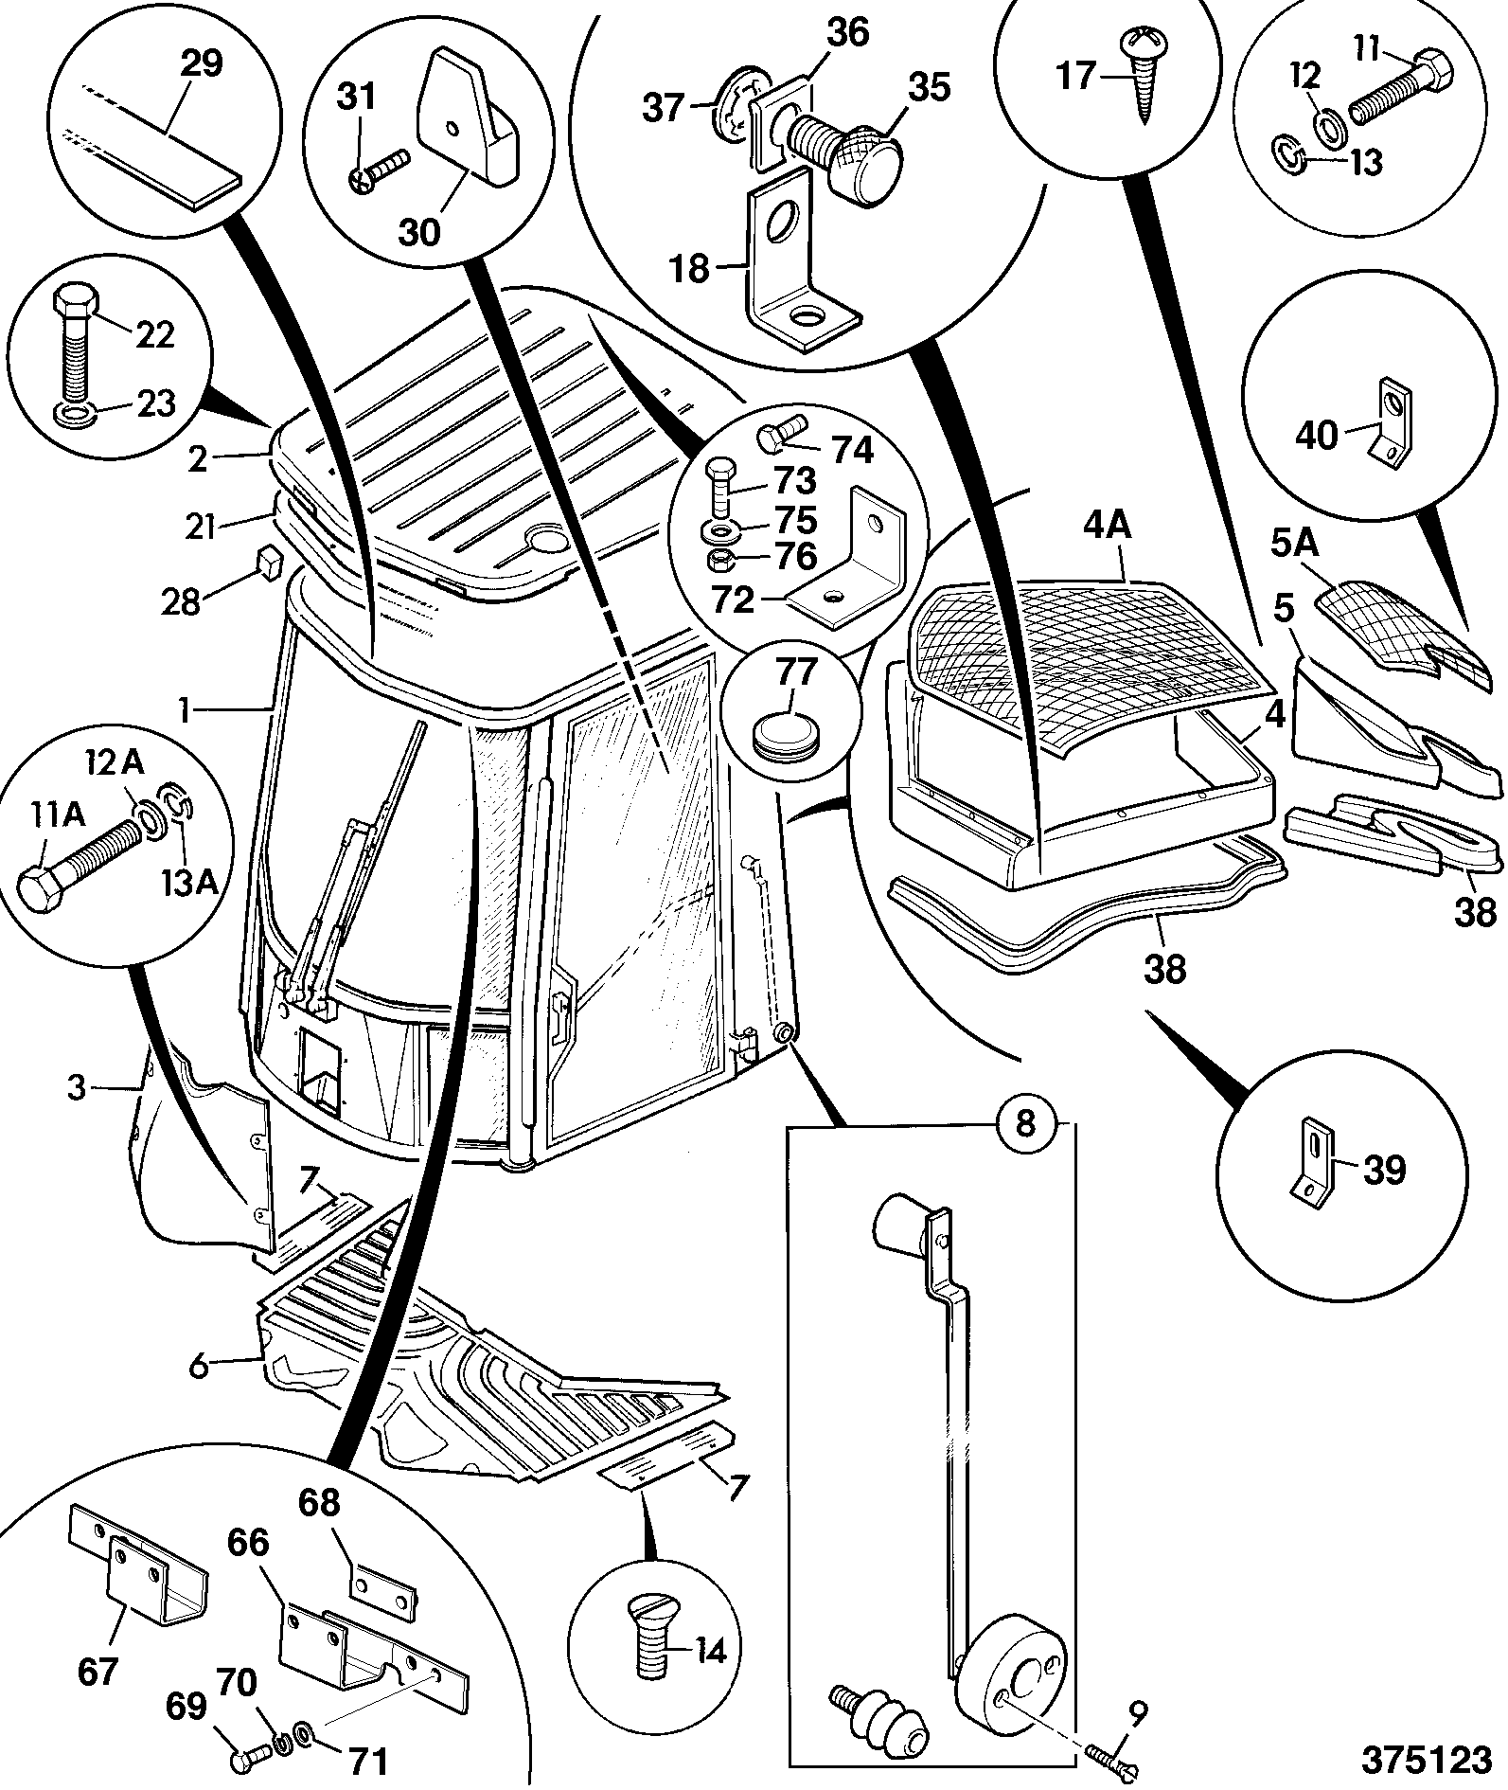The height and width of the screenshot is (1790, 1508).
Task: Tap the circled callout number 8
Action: [1025, 1124]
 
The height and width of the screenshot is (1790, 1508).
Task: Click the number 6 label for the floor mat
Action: [197, 1365]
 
